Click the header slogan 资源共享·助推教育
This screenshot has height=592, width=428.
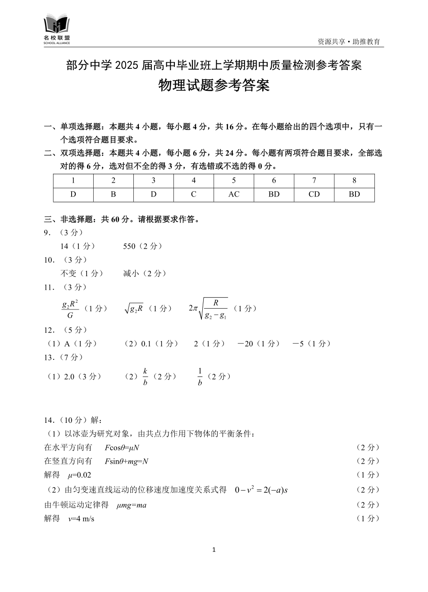tap(349, 41)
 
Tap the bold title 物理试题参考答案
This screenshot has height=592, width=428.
tap(214, 85)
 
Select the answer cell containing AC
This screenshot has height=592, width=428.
tap(234, 194)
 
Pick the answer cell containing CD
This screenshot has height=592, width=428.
tap(314, 194)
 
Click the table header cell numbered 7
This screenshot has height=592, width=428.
tap(314, 180)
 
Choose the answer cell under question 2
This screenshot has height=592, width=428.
tap(114, 194)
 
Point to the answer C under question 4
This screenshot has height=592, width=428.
tap(194, 194)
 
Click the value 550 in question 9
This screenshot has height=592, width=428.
tap(129, 246)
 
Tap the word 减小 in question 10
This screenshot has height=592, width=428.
tap(131, 273)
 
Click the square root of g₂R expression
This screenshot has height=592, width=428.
tap(134, 309)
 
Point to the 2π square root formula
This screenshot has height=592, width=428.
tap(208, 309)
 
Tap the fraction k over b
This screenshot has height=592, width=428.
tap(145, 377)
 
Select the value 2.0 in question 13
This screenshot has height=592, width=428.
tap(69, 377)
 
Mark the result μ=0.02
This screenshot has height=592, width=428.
tap(79, 475)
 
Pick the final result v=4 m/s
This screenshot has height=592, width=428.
tap(81, 519)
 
